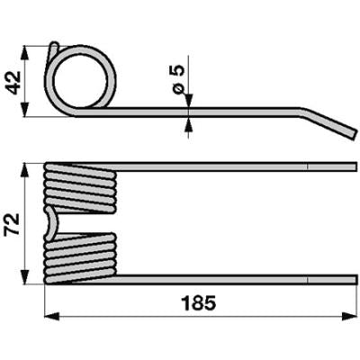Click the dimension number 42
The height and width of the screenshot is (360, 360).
click(x=14, y=83)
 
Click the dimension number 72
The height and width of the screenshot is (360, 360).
click(x=13, y=224)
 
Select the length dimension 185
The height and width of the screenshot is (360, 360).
click(x=199, y=303)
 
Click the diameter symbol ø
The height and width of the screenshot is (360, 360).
click(x=179, y=89)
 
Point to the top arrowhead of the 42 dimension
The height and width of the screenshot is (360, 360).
click(x=25, y=53)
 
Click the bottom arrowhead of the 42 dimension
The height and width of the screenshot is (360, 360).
click(x=25, y=110)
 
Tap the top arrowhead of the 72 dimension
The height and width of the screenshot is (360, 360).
click(x=25, y=171)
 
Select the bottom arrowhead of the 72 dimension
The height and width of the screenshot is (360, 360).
click(x=25, y=276)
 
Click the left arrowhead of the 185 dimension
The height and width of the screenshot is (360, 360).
click(x=51, y=316)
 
